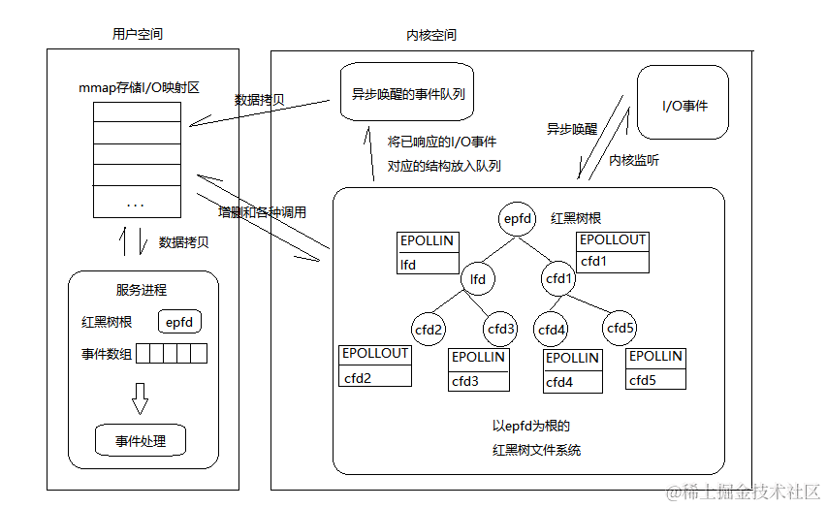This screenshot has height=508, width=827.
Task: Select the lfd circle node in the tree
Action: (478, 279)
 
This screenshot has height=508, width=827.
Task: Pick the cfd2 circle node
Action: (429, 329)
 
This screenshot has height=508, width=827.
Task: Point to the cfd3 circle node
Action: (502, 329)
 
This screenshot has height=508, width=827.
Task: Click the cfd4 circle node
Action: (551, 330)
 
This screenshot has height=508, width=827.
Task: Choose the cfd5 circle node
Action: (620, 328)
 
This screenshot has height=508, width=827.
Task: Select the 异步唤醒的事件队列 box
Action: (408, 93)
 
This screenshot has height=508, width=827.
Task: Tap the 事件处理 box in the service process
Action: (141, 441)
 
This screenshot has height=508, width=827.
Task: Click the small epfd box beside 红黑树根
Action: (179, 323)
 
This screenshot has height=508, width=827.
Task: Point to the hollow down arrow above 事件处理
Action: (141, 397)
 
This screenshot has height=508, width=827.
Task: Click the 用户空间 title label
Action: (138, 34)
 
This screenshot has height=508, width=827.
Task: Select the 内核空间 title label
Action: (431, 35)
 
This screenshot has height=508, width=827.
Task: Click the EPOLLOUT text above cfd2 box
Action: (374, 354)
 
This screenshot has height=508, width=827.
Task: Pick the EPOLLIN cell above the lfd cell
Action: (427, 241)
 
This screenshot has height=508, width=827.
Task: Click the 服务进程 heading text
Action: (141, 290)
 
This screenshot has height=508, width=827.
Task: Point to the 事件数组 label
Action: (107, 355)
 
